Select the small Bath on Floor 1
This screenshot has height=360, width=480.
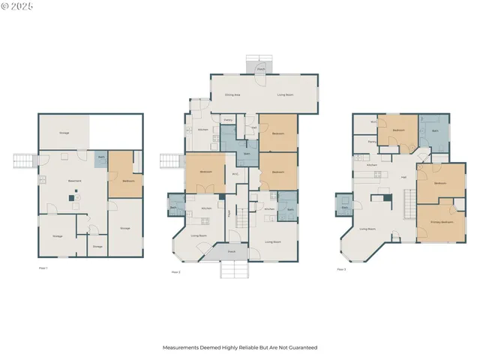coord(101,157)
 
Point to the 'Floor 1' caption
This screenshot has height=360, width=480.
coord(43,268)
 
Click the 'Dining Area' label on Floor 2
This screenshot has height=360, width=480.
coord(232,95)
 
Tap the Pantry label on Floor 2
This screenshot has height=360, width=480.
coord(227,120)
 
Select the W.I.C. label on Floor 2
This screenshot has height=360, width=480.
coord(235,175)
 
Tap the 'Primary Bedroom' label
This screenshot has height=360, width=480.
coord(442,223)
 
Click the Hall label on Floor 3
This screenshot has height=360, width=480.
coord(403,177)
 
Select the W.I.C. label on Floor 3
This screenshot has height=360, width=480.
coord(373,122)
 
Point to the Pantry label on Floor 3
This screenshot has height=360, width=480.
coord(372,141)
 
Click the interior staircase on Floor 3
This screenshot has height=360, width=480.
coord(409,202)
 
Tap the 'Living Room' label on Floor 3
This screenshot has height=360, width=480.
coord(367,229)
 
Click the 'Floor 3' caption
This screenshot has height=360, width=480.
coord(341,268)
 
